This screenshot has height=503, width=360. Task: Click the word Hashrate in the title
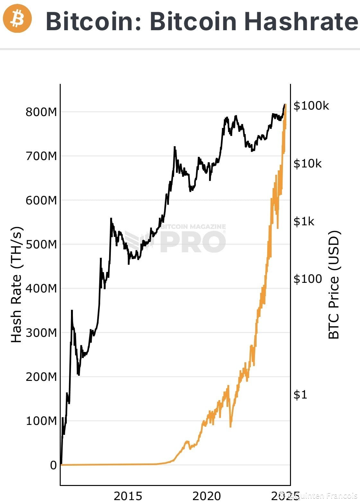pyautogui.click(x=302, y=21)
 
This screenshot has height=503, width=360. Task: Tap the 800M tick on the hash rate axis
pyautogui.click(x=41, y=112)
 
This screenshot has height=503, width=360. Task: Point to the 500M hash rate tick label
pyautogui.click(x=41, y=244)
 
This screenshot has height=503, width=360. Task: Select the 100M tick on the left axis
pyautogui.click(x=41, y=421)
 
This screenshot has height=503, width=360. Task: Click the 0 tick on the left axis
pyautogui.click(x=53, y=465)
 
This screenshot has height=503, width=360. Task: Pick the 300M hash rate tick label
pyautogui.click(x=41, y=333)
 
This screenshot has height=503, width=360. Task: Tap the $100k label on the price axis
pyautogui.click(x=311, y=106)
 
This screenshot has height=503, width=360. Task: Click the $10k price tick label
pyautogui.click(x=307, y=164)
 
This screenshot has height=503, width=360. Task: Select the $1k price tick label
pyautogui.click(x=304, y=221)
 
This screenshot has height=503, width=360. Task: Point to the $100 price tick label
pyautogui.click(x=307, y=279)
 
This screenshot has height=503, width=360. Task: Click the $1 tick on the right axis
pyautogui.click(x=300, y=395)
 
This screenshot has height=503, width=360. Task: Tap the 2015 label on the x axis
pyautogui.click(x=128, y=496)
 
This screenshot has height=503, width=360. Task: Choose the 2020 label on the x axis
pyautogui.click(x=206, y=496)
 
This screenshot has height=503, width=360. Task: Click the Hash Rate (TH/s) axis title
pyautogui.click(x=16, y=285)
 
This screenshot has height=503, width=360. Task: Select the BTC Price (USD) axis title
pyautogui.click(x=334, y=285)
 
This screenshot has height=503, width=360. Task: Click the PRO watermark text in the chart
pyautogui.click(x=193, y=241)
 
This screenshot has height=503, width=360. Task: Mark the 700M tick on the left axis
pyautogui.click(x=41, y=156)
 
